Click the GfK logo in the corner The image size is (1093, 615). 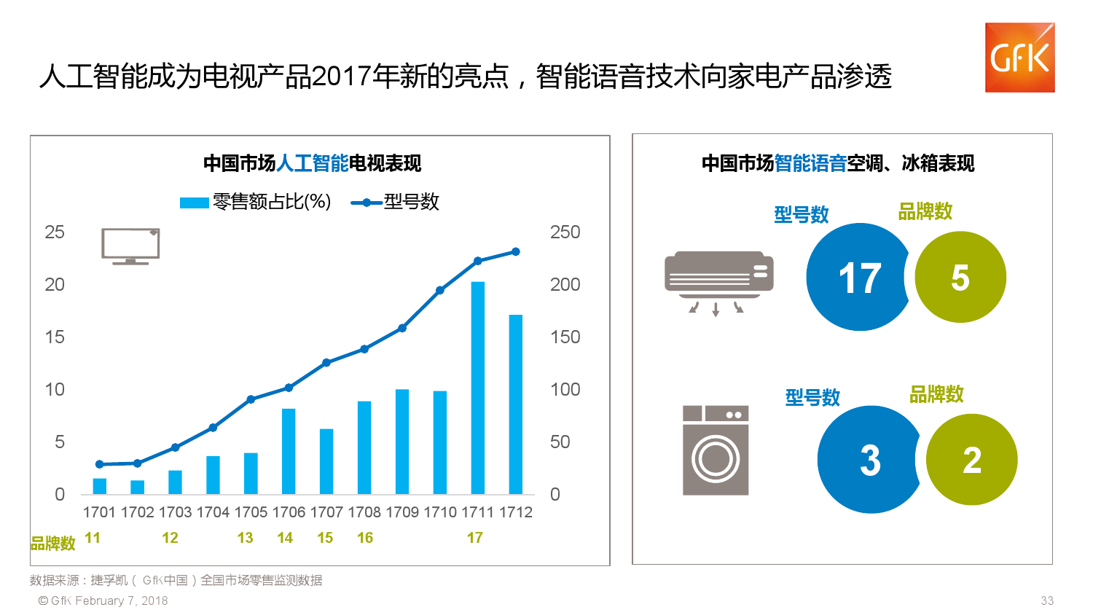pos(1019,58)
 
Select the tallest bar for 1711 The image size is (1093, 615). pos(477,388)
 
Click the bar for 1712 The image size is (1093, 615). pos(515,404)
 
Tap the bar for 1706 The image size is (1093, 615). pos(289,451)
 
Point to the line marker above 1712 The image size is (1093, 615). pos(516,252)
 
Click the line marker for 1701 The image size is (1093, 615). pos(100,464)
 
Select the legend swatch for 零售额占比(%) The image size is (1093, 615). pos(194,203)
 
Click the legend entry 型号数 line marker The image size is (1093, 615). pos(367,203)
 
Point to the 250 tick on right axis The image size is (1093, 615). pos(565,232)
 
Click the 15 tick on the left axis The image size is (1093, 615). pos(55,337)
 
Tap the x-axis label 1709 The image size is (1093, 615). pos(402,512)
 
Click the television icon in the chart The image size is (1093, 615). pos(130,246)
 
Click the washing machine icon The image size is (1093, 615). pos(716,450)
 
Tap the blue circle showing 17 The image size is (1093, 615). pos(858,278)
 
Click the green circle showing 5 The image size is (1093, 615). pos(960,278)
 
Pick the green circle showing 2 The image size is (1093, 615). pos(972,460)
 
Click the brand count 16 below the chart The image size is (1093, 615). pos(365,538)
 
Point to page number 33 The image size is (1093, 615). pos(1047,600)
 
